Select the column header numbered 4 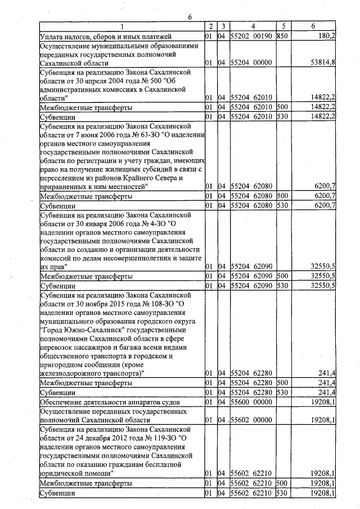click(253, 26)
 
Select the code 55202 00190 click(253, 36)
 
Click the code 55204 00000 click(253, 63)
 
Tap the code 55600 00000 click(253, 402)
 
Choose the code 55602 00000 click(253, 420)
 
